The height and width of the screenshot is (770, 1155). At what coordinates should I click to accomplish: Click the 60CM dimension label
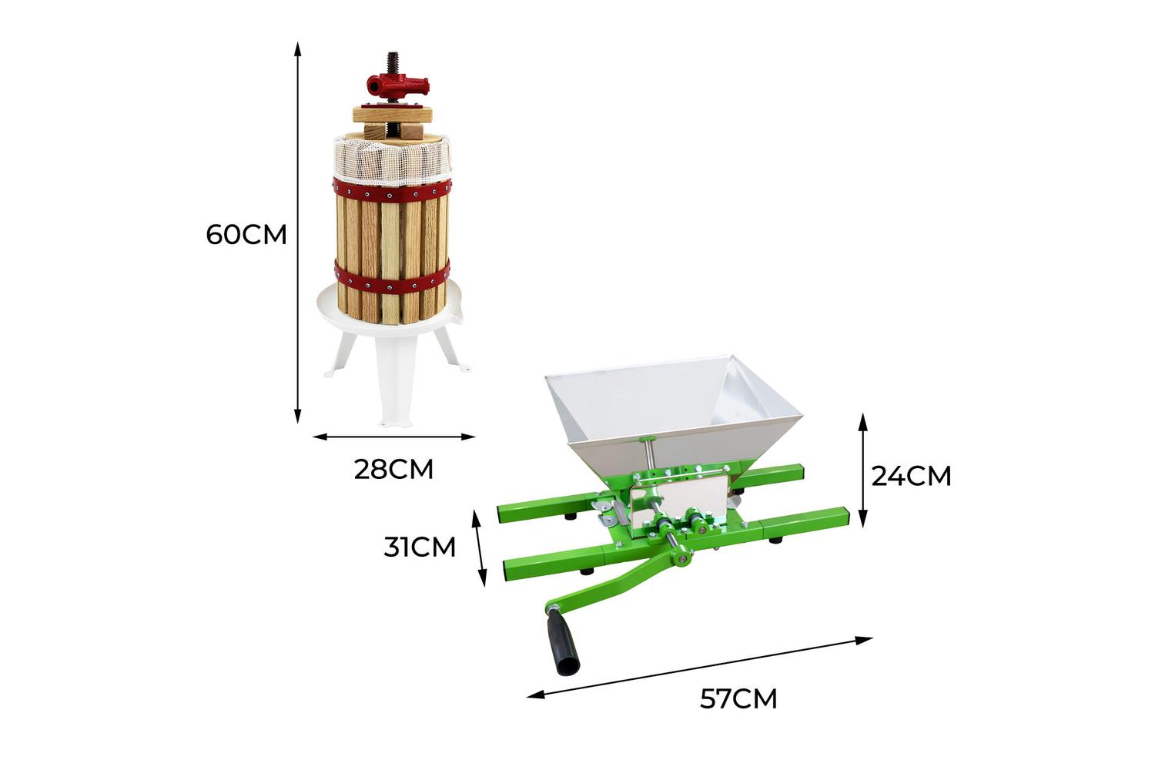[246, 235]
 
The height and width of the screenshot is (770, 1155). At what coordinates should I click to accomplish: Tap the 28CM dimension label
[393, 470]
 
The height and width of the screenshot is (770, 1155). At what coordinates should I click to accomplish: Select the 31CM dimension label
[419, 547]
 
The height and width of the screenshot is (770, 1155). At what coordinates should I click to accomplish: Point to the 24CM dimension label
[911, 476]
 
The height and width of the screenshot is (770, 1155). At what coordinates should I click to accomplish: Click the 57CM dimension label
[738, 699]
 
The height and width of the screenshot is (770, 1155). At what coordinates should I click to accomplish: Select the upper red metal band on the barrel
[392, 191]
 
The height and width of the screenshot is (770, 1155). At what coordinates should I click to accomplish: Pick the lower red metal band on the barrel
[392, 279]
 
